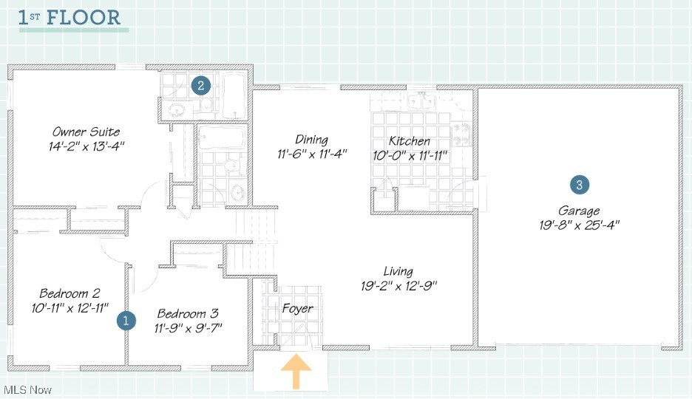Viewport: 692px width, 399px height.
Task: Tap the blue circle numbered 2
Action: (200, 86)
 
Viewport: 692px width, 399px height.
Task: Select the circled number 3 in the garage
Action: (580, 185)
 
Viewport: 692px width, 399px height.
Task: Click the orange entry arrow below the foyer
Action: (295, 371)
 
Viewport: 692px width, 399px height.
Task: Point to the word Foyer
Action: (297, 308)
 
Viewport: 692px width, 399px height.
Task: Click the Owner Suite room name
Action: (86, 132)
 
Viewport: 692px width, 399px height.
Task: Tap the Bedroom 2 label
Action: (69, 292)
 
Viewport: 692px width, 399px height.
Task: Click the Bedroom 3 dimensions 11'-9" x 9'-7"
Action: (188, 327)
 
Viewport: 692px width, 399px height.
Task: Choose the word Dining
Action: (311, 139)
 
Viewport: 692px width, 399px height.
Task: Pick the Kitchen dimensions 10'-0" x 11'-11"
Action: (410, 155)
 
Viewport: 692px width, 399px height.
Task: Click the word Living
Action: (398, 271)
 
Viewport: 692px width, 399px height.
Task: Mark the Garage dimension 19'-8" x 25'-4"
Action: (579, 225)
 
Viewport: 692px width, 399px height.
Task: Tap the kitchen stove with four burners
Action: (461, 134)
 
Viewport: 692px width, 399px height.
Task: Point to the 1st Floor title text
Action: (69, 18)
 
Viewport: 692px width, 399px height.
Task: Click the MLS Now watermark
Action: (27, 389)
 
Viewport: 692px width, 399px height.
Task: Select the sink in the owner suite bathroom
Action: (177, 111)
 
